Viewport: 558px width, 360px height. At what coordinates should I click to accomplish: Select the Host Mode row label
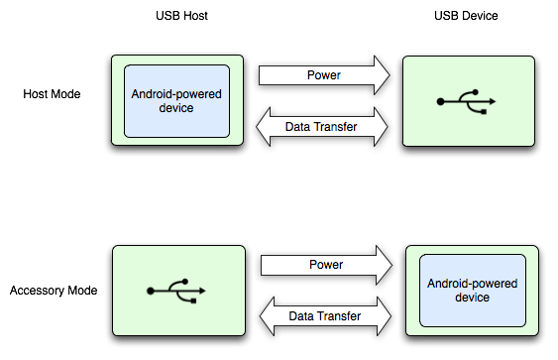click(51, 94)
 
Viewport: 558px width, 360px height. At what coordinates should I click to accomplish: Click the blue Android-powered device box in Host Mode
click(176, 101)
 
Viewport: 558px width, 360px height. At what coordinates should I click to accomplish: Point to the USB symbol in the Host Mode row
click(466, 101)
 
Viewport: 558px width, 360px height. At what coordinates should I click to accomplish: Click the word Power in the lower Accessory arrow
click(326, 266)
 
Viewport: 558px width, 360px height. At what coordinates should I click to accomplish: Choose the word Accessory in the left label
click(35, 291)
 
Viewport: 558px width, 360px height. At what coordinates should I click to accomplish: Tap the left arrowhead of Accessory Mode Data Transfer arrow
click(269, 317)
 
